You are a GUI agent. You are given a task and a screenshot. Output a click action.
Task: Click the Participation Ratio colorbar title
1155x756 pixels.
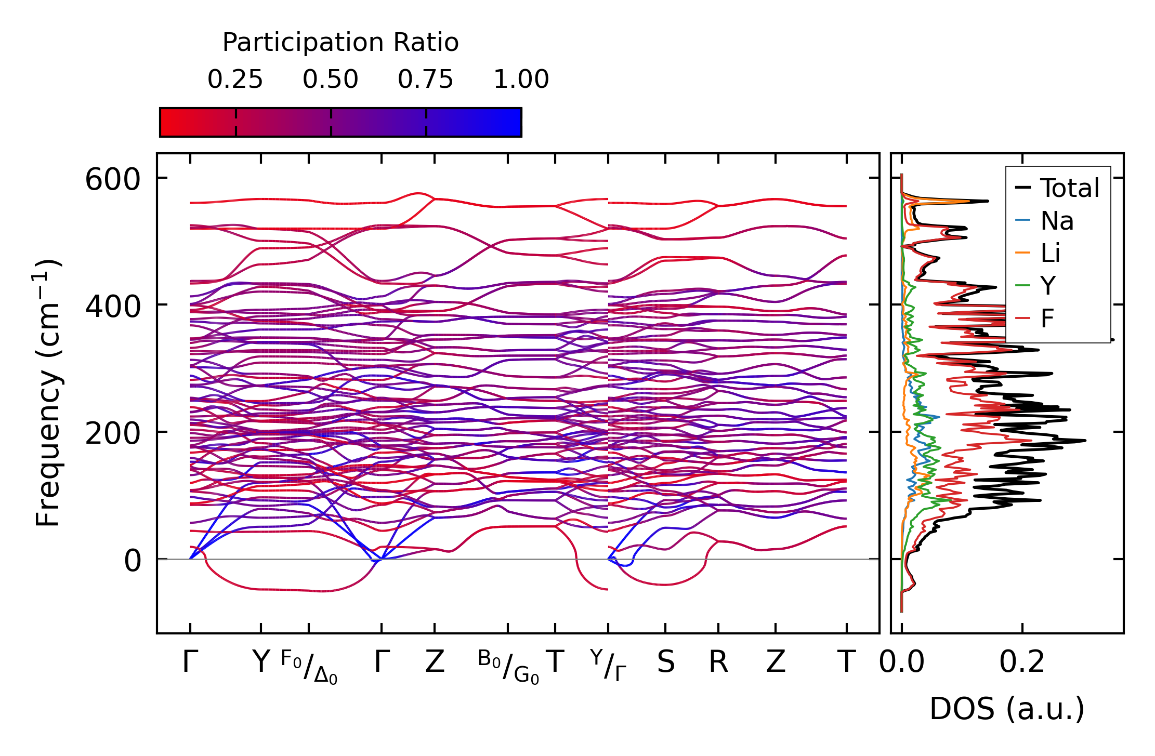pos(340,43)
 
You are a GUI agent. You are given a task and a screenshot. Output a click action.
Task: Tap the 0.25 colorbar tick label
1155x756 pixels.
pos(235,80)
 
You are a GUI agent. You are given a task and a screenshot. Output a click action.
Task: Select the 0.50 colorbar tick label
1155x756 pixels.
pos(331,80)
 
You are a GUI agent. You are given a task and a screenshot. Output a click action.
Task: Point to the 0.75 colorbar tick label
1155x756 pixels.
pos(426,80)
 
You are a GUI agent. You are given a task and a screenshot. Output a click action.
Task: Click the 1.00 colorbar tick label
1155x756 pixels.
pos(521,80)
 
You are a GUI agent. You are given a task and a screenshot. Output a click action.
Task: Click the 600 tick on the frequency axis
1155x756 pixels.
pos(113,180)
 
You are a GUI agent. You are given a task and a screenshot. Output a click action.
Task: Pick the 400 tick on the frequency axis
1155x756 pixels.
pos(113,307)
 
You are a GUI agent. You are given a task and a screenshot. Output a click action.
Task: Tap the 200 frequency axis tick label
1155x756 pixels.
pos(113,434)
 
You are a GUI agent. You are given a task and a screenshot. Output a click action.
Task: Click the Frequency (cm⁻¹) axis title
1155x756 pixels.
pos(48,393)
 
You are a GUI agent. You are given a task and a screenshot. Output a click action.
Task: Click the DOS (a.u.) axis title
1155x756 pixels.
pos(1007,709)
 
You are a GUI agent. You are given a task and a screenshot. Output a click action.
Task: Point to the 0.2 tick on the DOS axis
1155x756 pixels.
pos(1022,662)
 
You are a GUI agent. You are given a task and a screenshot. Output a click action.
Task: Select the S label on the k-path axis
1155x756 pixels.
pos(665,662)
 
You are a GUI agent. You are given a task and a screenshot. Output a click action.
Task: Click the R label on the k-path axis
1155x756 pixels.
pos(718,662)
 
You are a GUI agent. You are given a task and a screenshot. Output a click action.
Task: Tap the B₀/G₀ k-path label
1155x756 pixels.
pos(508,667)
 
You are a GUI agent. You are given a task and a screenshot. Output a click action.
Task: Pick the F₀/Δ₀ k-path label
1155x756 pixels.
pos(309,667)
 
